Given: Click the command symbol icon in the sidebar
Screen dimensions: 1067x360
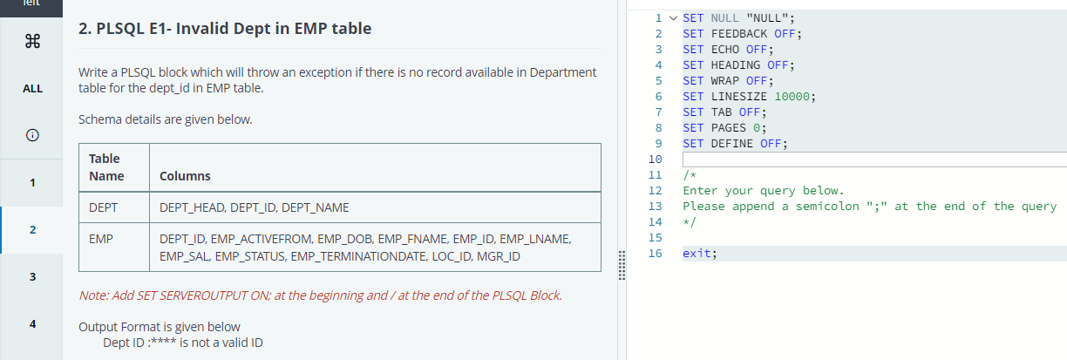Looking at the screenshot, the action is coord(31,41).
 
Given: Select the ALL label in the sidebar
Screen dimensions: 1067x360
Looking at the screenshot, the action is coord(31,88).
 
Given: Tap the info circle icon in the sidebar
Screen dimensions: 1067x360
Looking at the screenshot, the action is coord(31,135).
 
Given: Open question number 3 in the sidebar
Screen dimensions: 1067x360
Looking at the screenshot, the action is coord(31,277).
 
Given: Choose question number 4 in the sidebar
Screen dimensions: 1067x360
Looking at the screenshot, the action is coord(31,323).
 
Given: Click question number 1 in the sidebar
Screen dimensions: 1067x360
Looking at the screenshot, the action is coord(31,183).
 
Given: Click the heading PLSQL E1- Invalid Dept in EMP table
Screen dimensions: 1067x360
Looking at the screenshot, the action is coord(225,29).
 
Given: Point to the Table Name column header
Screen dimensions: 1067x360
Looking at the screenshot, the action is coord(106,167).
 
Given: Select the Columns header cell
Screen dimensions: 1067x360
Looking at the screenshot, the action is coord(185,176).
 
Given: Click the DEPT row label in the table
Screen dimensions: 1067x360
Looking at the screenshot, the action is coord(104,208).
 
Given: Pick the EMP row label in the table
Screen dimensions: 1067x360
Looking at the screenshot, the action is coord(101,238).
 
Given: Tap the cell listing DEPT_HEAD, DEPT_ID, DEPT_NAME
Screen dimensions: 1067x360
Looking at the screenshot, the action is coord(255,208).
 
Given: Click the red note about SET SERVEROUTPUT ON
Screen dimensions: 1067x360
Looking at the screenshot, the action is coord(320,295).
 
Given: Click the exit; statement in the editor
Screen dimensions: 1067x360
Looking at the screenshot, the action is coord(700,253).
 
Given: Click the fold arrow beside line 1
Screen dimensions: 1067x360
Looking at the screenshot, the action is coord(672,17).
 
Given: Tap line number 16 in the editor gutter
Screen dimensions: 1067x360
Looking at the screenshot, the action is coord(656,253).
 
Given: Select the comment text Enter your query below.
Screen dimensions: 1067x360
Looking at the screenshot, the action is coord(763,190).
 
